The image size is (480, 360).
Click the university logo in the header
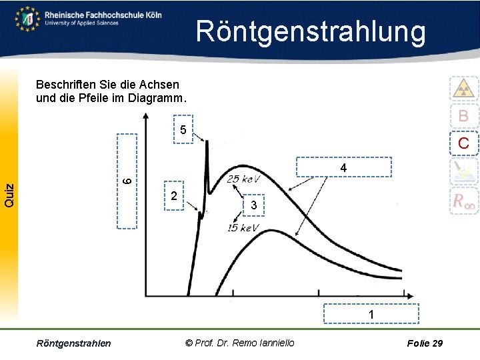coord(27,19)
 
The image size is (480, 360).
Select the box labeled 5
coord(183,129)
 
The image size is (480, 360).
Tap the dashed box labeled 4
coord(343,167)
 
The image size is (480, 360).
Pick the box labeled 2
coord(173,196)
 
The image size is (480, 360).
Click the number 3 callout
coord(253,206)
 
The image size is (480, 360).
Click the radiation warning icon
coord(463,88)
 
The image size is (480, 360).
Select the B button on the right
coord(463,116)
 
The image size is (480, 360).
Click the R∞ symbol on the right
coord(463,201)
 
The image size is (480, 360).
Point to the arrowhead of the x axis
coord(420,293)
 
